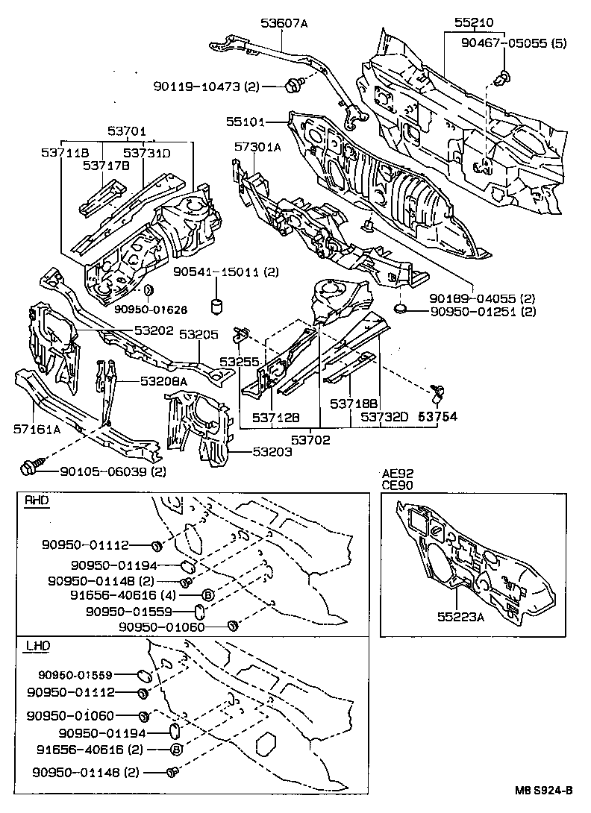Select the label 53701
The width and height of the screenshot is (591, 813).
click(x=125, y=131)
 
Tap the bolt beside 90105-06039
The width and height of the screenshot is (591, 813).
click(x=29, y=469)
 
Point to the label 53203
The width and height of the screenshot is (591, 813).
click(x=272, y=452)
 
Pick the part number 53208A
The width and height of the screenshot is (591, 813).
click(x=163, y=380)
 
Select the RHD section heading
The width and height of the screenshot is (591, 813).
click(x=36, y=501)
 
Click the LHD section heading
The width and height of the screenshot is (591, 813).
click(x=36, y=645)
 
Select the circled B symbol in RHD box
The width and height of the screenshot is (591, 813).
click(x=208, y=595)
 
